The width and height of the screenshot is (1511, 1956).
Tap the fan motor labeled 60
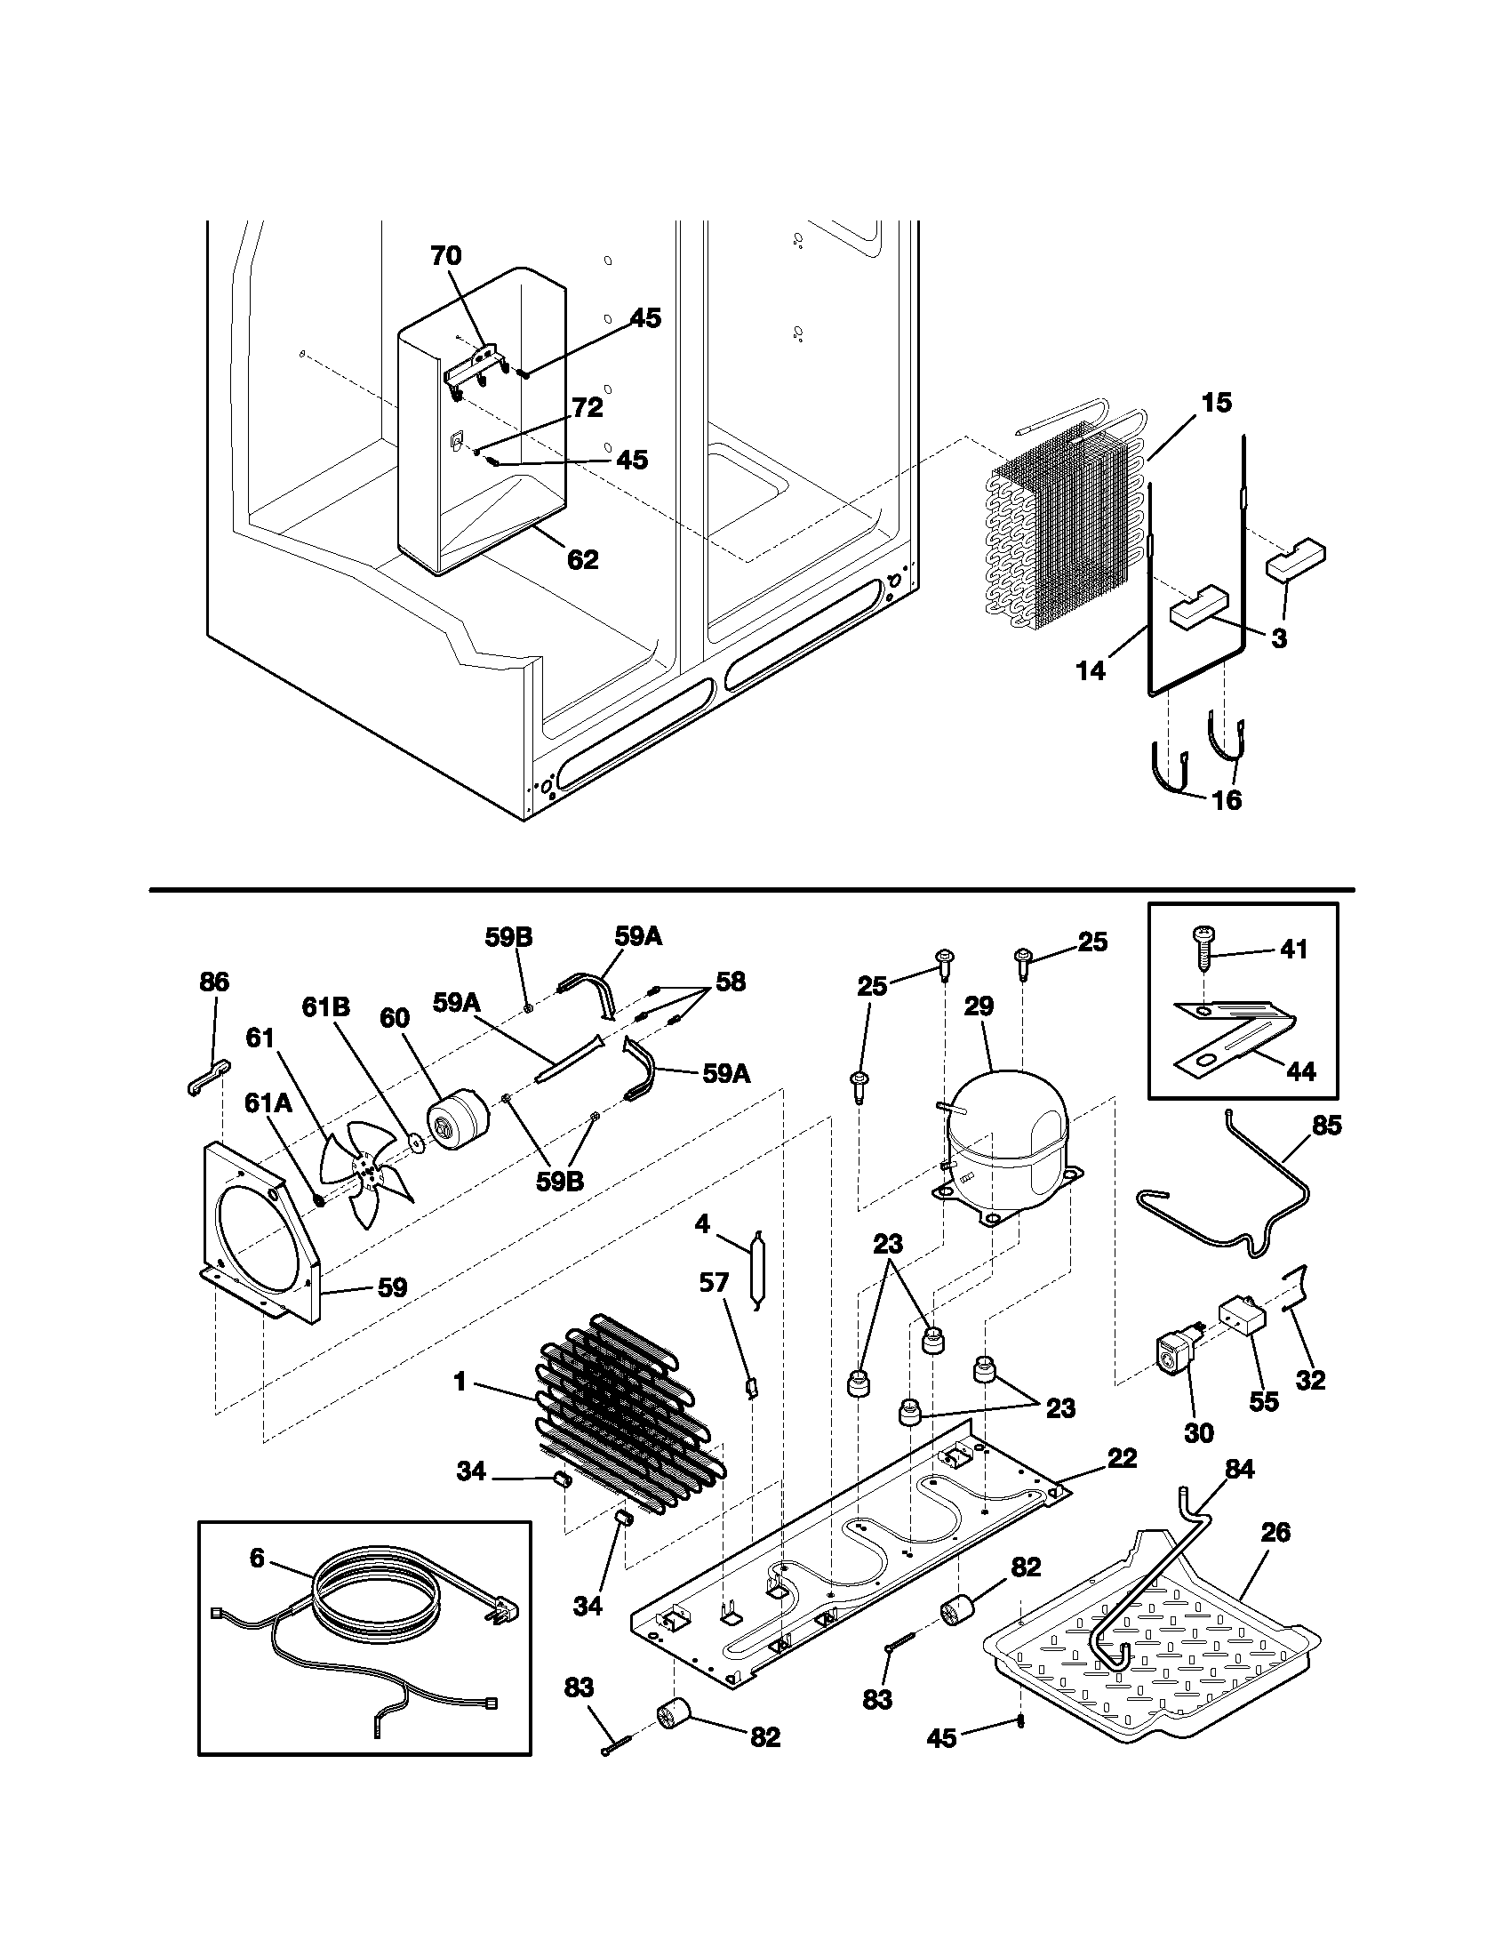pos(459,1120)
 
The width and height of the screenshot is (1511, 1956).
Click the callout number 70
pos(446,255)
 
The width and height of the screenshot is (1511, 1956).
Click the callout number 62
pos(583,560)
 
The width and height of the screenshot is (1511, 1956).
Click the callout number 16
pos(1227,800)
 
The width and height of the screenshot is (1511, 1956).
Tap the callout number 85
pos(1327,1126)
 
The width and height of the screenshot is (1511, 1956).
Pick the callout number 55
pos(1264,1400)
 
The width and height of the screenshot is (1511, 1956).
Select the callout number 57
pos(714,1282)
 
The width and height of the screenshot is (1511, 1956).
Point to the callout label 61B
pos(326,1007)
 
